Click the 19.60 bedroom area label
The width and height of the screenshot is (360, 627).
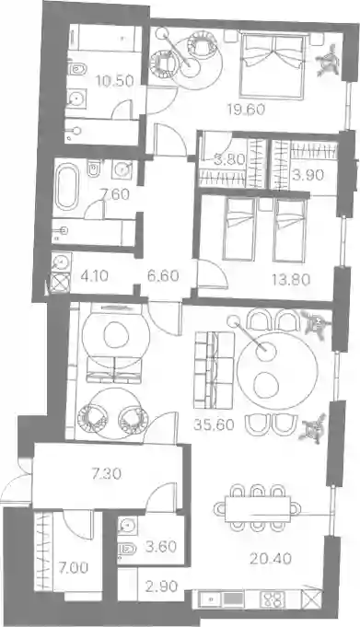[x=246, y=109]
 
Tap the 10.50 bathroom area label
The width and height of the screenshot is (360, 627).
[x=115, y=81]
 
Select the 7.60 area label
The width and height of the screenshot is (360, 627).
[x=115, y=194]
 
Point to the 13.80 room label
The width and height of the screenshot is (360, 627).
[x=291, y=280]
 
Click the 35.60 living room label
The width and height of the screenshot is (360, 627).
[x=214, y=424]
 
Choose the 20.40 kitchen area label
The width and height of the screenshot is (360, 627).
[x=271, y=558]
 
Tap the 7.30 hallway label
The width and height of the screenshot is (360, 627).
[x=107, y=474]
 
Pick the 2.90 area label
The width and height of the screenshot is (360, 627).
[x=162, y=586]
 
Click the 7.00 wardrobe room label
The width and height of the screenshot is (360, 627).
[x=74, y=568]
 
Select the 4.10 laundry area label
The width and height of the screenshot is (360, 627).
[x=94, y=276]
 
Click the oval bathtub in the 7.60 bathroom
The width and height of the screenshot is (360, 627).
[x=66, y=187]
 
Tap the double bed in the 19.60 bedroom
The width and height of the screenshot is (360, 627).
[x=273, y=65]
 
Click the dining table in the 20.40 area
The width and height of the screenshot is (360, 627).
[x=258, y=508]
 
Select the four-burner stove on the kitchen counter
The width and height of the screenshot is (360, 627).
[x=273, y=599]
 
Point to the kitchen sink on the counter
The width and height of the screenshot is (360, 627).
[x=209, y=599]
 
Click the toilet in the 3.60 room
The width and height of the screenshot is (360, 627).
[x=127, y=548]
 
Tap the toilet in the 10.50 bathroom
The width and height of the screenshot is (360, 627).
[x=76, y=69]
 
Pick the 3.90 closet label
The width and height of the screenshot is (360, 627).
[x=308, y=175]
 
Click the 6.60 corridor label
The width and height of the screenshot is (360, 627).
[x=163, y=276]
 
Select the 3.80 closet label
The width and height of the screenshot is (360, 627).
[x=229, y=160]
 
